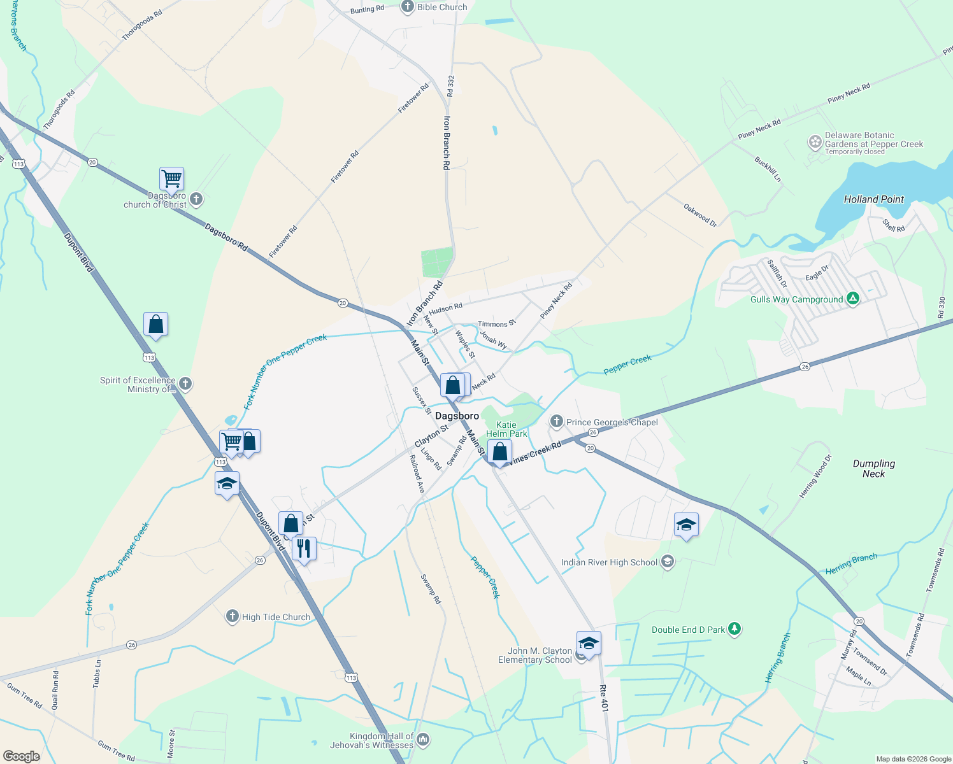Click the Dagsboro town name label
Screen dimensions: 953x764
[457, 416]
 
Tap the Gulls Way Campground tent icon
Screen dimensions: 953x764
[854, 299]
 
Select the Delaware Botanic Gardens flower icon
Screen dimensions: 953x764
[815, 142]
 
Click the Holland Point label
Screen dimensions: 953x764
[874, 199]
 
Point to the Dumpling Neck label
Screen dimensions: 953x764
[874, 469]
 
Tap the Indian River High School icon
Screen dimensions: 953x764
[667, 562]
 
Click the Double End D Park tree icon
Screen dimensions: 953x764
[734, 629]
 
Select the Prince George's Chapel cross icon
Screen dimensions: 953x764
[557, 421]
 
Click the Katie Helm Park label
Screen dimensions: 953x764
[506, 429]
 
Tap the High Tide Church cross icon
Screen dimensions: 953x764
[233, 616]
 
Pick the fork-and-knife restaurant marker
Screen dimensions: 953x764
[304, 548]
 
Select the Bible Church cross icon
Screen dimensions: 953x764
[408, 7]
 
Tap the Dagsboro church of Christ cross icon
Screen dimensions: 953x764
[196, 199]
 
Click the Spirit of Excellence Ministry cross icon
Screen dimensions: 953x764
[185, 383]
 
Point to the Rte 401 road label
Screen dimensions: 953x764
[603, 698]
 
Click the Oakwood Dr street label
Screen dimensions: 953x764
[700, 215]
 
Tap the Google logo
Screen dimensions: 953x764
[22, 756]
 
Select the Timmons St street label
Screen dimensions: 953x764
[497, 324]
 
